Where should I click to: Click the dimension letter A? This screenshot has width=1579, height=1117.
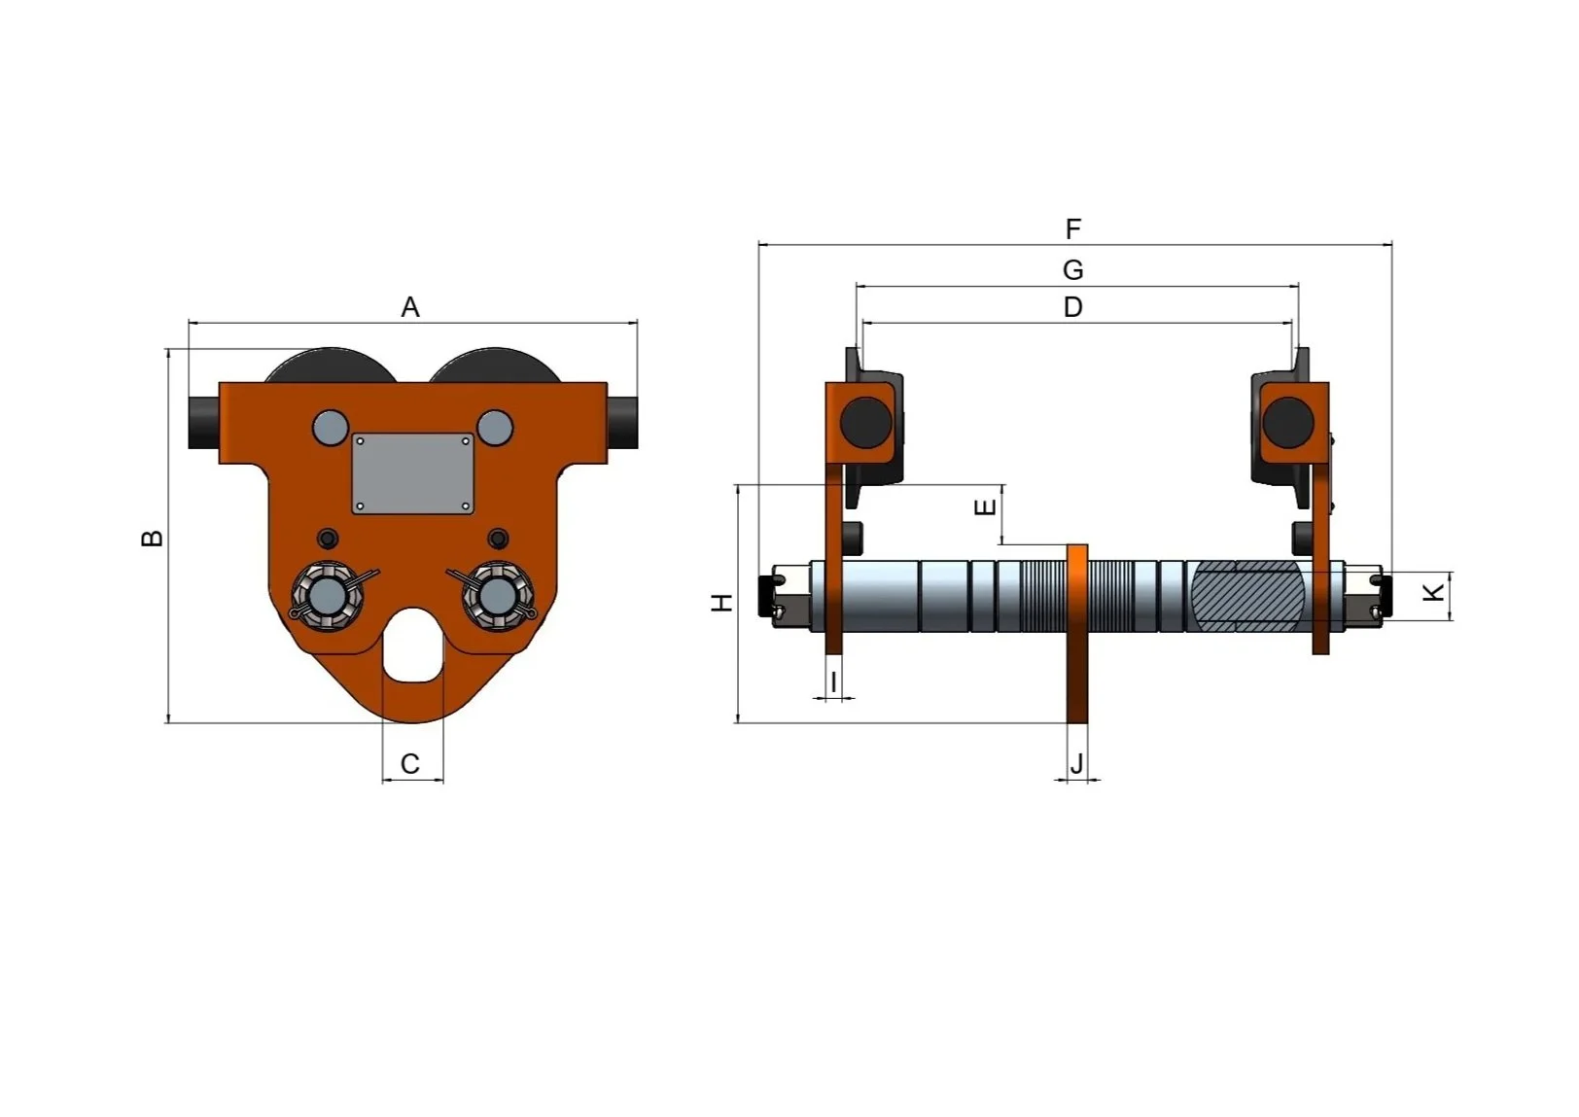410,307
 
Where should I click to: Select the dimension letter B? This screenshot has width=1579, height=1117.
152,538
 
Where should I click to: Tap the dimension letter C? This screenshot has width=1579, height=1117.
410,764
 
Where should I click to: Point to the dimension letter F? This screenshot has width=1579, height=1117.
1072,229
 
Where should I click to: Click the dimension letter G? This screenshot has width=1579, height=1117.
1072,269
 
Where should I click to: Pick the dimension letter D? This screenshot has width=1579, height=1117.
1072,307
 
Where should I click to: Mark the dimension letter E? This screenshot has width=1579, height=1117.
985,507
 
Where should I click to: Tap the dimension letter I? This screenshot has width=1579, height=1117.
833,682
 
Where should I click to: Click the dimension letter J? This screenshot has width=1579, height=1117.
1076,765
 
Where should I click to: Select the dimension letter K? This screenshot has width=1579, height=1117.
1434,591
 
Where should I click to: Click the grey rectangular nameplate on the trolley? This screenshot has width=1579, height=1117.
413,473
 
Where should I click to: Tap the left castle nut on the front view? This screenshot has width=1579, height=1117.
328,595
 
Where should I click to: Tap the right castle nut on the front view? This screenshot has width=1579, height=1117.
497,595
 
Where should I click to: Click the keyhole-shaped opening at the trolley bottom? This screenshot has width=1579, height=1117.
413,646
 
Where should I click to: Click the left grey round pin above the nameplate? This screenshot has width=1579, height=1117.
331,427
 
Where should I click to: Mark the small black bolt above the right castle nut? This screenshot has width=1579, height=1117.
498,539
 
